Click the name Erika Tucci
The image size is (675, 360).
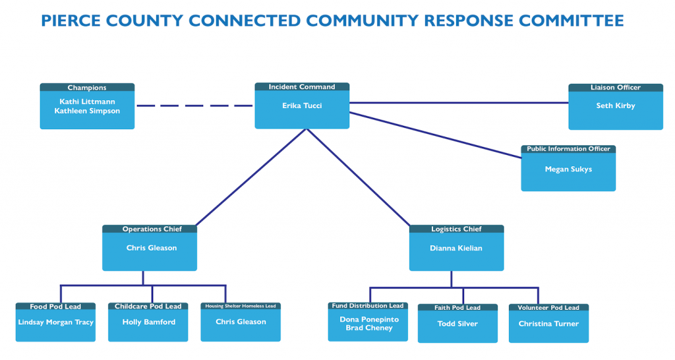tap(302, 105)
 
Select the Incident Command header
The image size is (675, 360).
tap(302, 87)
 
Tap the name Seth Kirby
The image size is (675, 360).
tap(616, 105)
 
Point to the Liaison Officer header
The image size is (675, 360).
tap(616, 88)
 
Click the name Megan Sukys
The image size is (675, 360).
tap(568, 169)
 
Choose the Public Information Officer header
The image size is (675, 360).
tap(568, 149)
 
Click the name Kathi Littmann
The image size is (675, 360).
tap(87, 102)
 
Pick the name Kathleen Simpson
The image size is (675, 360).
tap(87, 111)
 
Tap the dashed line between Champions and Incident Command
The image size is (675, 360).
tap(194, 105)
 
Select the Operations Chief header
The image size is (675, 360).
tap(150, 229)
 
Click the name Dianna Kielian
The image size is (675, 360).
tap(456, 249)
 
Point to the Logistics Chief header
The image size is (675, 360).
tap(456, 229)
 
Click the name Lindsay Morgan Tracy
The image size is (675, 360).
tap(55, 322)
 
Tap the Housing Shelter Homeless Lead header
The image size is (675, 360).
tap(241, 306)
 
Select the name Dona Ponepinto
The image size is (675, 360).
tap(369, 319)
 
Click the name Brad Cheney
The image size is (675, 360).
tap(369, 328)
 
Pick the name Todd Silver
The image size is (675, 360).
tap(457, 324)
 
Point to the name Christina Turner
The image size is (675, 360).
tap(548, 324)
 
